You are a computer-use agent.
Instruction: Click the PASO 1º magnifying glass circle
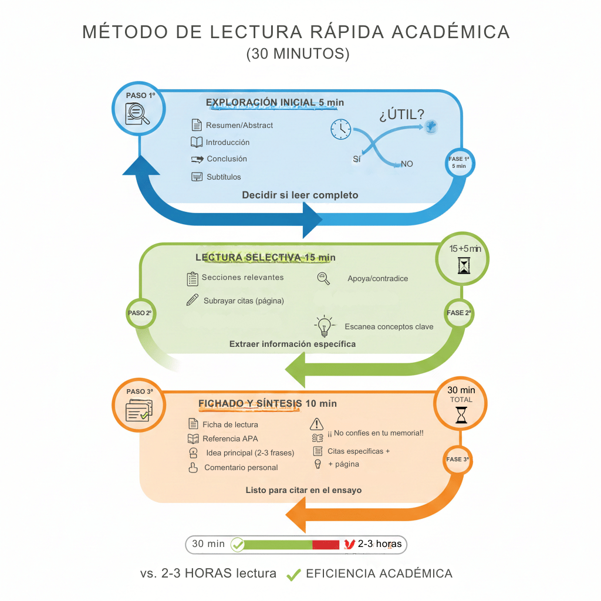[x=139, y=109]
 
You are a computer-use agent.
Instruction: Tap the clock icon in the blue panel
[x=340, y=129]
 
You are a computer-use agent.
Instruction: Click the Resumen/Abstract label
[x=239, y=125]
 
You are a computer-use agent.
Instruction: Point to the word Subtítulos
[x=224, y=177]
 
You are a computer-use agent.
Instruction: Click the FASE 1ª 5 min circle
[x=459, y=163]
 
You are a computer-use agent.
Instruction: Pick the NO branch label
[x=407, y=164]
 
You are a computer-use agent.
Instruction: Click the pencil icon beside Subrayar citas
[x=192, y=300]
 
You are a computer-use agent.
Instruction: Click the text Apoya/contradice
[x=377, y=279]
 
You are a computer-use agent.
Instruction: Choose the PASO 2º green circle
[x=140, y=313]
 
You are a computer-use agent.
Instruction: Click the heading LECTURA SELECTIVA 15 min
[x=265, y=258]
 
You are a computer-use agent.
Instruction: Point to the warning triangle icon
[x=317, y=424]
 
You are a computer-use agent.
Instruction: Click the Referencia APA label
[x=230, y=438]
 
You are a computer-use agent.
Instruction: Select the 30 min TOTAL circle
[x=461, y=404]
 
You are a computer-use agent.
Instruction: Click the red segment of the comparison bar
[x=326, y=545]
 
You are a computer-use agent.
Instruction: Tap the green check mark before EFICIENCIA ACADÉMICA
[x=293, y=575]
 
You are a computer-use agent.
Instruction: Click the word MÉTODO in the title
[x=121, y=32]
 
